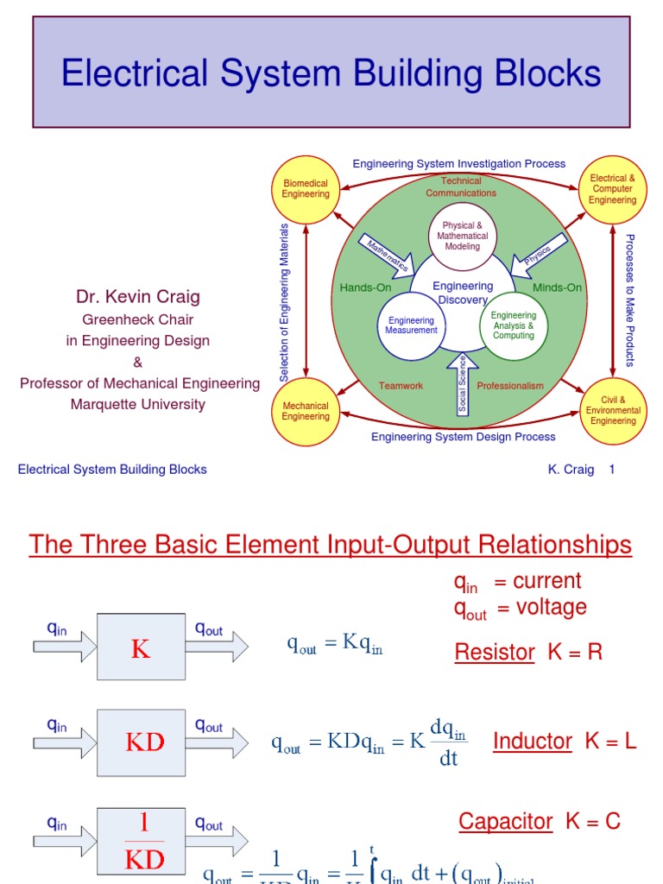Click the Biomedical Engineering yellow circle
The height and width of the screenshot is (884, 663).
[x=306, y=189]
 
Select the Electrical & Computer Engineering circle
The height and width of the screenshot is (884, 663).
[x=612, y=189]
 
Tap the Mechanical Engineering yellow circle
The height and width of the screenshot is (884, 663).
[x=306, y=411]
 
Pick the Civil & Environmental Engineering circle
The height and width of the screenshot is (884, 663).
[x=613, y=411]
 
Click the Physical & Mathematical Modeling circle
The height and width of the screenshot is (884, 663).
[x=462, y=236]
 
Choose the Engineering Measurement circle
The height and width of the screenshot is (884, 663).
[x=411, y=325]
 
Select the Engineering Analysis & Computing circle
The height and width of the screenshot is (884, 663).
[x=513, y=325]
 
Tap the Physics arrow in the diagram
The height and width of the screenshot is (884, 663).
[x=539, y=255]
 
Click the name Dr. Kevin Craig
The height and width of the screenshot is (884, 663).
[x=138, y=298]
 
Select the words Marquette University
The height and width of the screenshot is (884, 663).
[x=138, y=404]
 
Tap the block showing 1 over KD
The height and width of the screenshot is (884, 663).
[x=141, y=840]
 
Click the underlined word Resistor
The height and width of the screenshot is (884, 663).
[x=495, y=653]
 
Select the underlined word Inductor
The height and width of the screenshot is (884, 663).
[x=533, y=741]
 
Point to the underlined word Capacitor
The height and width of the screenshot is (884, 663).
[x=505, y=821]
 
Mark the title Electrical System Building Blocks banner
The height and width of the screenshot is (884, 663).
[x=331, y=73]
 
